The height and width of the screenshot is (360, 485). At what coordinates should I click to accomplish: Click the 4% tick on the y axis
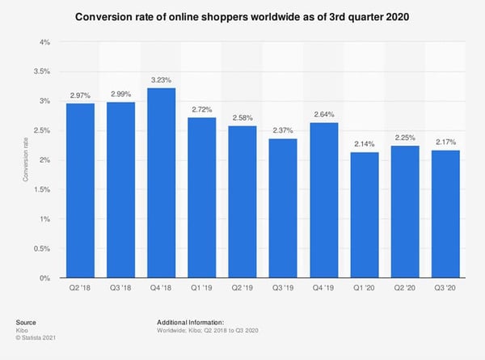45,42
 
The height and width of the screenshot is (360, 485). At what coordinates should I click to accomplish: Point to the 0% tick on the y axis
45,277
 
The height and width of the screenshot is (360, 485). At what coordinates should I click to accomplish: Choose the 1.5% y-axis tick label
42,189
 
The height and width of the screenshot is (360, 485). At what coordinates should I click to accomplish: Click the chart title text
242,17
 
